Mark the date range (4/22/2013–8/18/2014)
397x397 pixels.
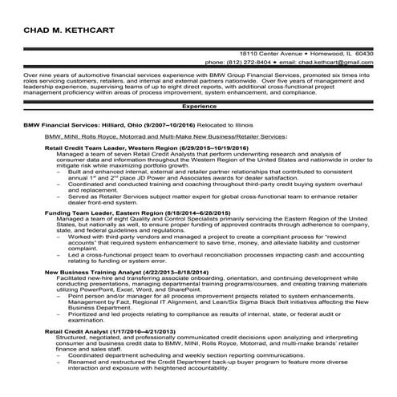click(x=174, y=273)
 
